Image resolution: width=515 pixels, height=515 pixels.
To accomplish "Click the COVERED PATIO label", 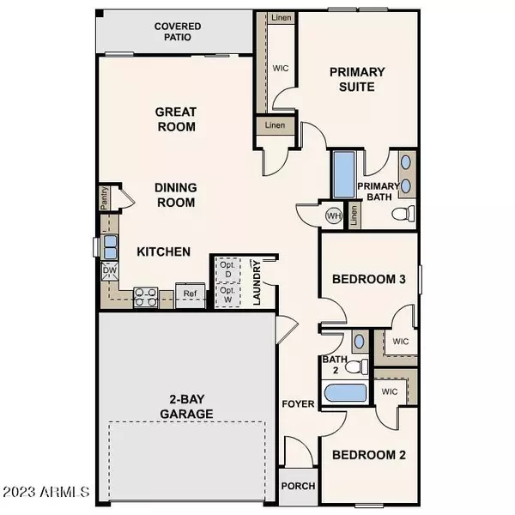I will coord(179,32).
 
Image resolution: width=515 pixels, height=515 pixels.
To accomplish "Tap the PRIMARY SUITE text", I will coord(357,80).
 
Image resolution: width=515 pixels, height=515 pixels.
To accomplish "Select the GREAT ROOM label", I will coord(176,119).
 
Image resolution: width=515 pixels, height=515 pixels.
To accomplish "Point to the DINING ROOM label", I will coord(176,195).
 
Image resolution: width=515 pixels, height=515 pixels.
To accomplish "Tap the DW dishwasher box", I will coord(110,272).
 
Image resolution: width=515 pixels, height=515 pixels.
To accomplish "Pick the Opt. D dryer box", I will coord(227,269).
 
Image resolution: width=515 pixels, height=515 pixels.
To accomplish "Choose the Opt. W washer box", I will coord(227,296).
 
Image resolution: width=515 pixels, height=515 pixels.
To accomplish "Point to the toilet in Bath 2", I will coord(353,367).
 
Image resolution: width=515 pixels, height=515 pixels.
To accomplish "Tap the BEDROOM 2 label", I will coord(368,455).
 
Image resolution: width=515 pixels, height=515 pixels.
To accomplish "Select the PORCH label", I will coord(299,486).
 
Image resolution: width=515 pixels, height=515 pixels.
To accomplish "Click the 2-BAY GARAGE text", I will coord(185,406).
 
